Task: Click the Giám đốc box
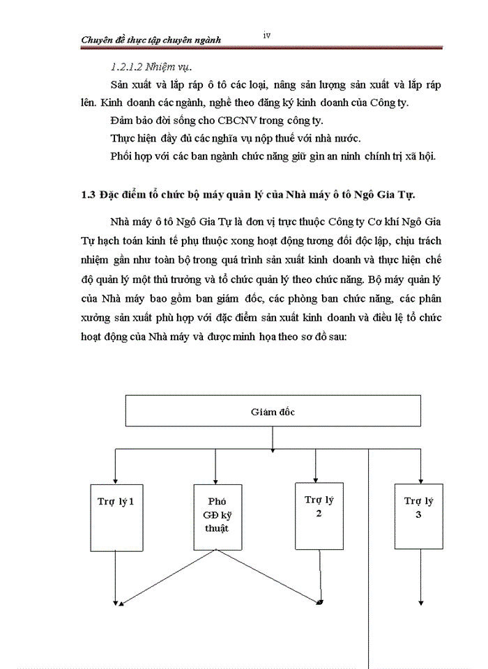point(273,412)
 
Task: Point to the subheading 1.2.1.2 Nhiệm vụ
point(151,67)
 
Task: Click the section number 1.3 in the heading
point(88,192)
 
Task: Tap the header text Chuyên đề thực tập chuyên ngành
point(151,40)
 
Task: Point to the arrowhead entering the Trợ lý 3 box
point(420,479)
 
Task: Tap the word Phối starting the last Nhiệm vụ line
point(123,155)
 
